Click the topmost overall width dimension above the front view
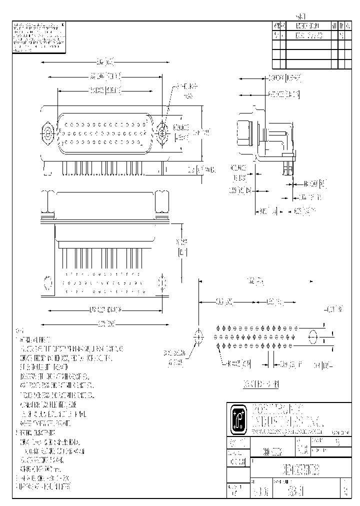[105, 62]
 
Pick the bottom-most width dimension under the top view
[102, 324]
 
